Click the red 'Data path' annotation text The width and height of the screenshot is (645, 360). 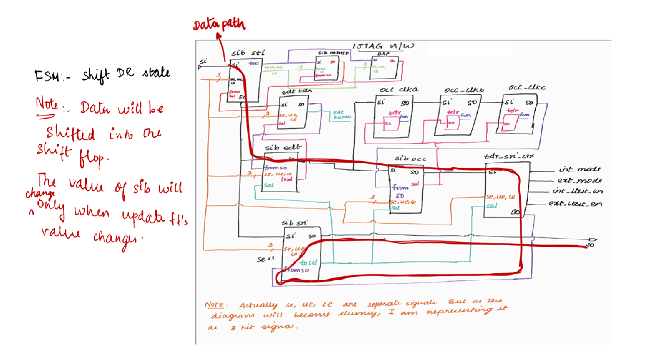click(218, 25)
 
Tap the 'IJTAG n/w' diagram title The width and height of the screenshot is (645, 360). click(383, 46)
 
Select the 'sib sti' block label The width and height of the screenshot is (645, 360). click(248, 53)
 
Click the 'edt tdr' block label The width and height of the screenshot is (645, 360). click(296, 91)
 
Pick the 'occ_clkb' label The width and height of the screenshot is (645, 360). click(464, 90)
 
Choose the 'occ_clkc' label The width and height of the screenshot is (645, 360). click(527, 88)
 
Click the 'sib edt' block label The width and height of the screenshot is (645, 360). click(283, 147)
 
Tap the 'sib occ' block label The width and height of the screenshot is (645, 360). click(410, 159)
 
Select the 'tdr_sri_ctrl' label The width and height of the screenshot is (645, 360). click(509, 156)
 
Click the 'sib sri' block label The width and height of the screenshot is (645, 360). click(294, 223)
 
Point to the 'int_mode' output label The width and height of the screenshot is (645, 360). click(580, 169)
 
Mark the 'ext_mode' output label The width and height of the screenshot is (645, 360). click(579, 180)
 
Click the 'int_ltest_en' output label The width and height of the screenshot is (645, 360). click(577, 191)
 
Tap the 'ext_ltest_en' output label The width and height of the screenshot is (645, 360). click(575, 203)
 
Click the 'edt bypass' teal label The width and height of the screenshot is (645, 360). click(341, 115)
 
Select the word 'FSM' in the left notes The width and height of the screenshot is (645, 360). click(47, 76)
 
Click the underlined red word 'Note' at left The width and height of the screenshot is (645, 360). click(47, 104)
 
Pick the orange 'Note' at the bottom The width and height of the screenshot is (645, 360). click(214, 305)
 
